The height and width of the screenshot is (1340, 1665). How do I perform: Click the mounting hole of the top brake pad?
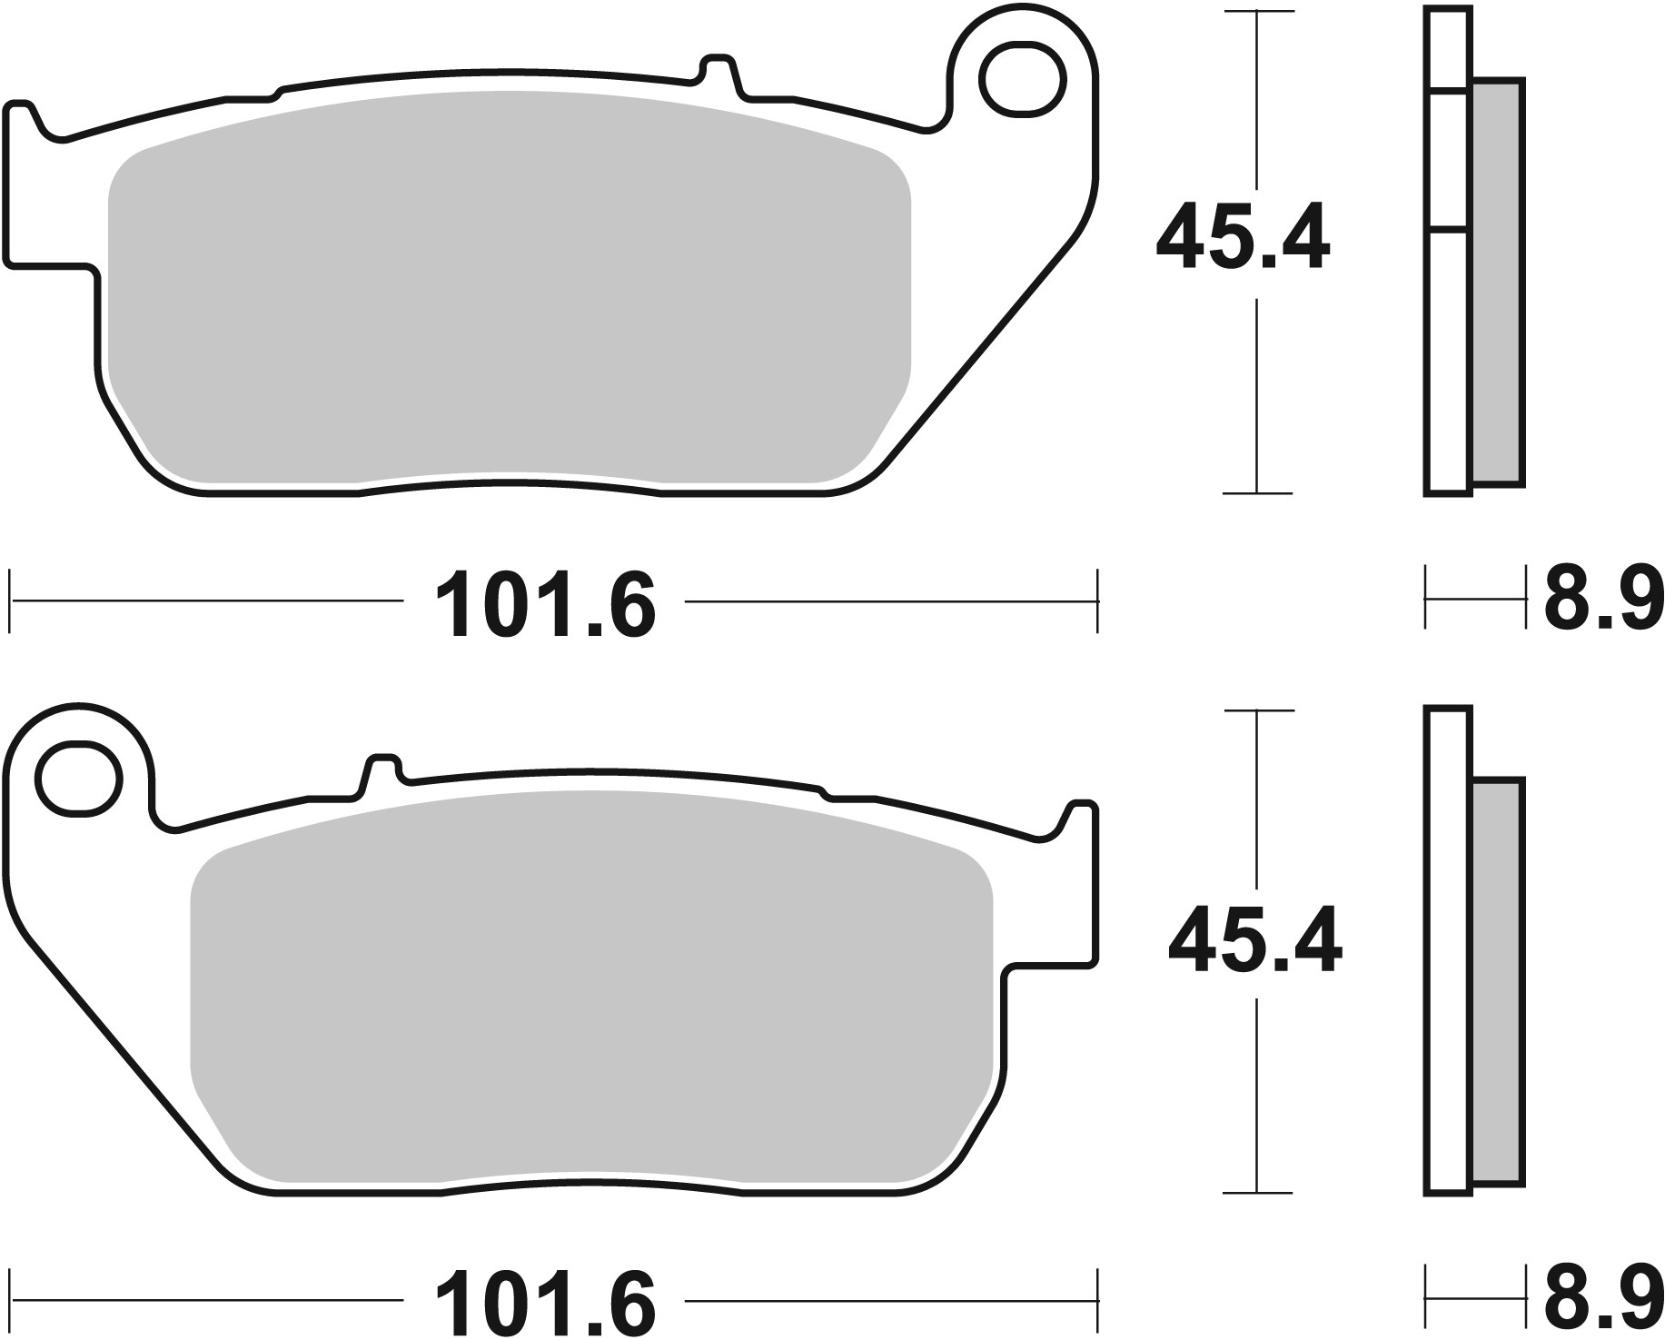pos(1022,80)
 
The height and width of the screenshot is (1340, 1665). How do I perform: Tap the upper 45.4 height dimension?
pos(1243,239)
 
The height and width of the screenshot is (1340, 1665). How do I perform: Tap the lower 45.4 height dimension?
pos(1254,942)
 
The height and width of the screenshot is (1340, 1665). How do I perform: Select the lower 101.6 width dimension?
pos(545,1298)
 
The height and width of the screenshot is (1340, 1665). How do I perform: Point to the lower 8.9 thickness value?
pos(1603,1298)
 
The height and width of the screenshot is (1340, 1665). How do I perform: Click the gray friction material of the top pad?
pos(509,300)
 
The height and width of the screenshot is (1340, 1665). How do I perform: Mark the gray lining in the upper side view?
pos(1496,282)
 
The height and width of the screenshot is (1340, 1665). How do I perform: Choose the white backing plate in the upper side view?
pos(1447,363)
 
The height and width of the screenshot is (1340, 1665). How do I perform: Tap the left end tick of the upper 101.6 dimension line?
pos(10,601)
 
